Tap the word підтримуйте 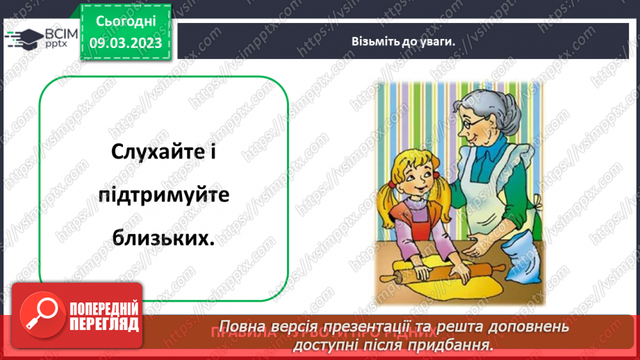coord(163,195)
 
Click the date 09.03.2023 coord(125,44)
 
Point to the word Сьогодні coord(125,22)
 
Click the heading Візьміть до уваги coord(402,41)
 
